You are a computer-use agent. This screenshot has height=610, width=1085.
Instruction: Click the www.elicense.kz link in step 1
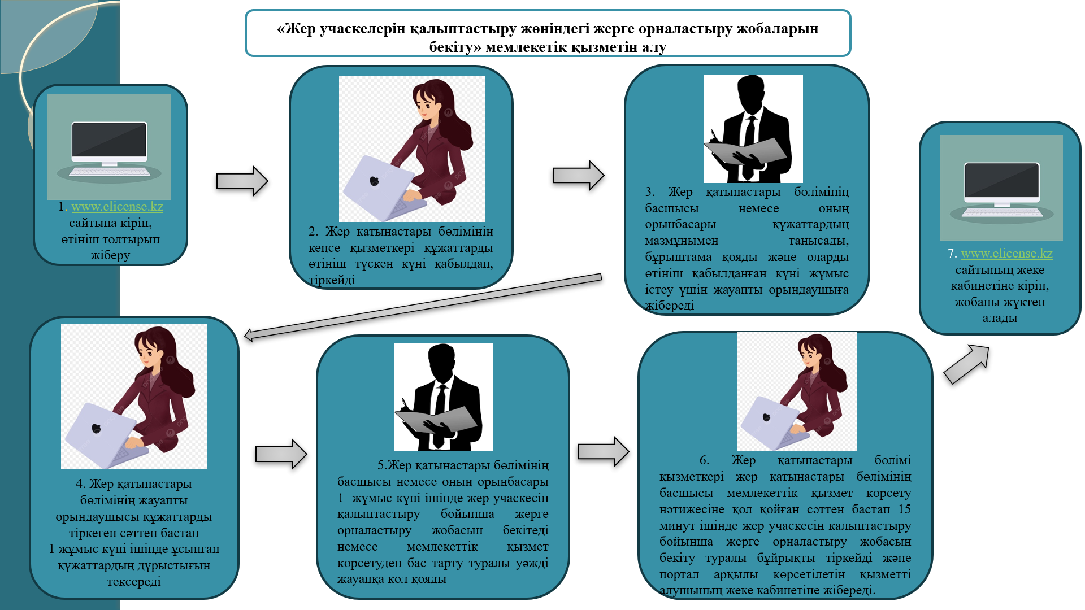pyautogui.click(x=117, y=207)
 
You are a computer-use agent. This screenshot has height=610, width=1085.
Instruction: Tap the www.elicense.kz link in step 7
pyautogui.click(x=1006, y=254)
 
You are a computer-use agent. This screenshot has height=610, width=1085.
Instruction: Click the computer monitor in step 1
pyautogui.click(x=109, y=142)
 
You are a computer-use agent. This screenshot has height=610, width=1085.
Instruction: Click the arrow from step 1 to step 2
pyautogui.click(x=242, y=181)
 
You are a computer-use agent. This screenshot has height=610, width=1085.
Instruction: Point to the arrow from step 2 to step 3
pyautogui.click(x=578, y=175)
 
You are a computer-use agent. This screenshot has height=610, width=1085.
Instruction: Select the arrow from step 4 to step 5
pyautogui.click(x=281, y=454)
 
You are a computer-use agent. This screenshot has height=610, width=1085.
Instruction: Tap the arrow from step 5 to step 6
pyautogui.click(x=603, y=451)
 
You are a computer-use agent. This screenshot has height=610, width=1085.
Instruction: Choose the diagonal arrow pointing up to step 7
pyautogui.click(x=967, y=364)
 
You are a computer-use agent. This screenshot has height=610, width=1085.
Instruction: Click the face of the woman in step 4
pyautogui.click(x=147, y=355)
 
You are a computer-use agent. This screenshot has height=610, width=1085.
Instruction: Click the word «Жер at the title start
pyautogui.click(x=296, y=29)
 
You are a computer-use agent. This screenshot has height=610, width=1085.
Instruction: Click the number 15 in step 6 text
pyautogui.click(x=904, y=509)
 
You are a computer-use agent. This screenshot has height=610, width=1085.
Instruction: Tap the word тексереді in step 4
pyautogui.click(x=134, y=582)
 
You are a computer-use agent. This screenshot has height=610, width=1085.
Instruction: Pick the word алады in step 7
pyautogui.click(x=999, y=318)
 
